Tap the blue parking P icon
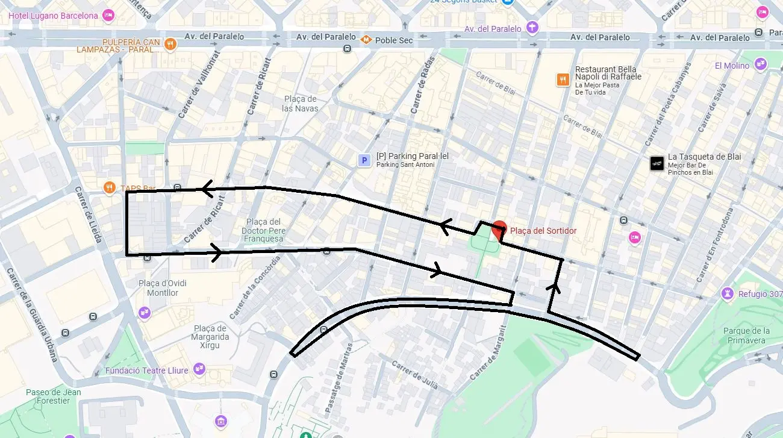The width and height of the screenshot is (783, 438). [x=364, y=160]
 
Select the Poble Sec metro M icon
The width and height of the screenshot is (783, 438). [x=366, y=40]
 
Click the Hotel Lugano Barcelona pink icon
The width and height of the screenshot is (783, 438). [x=108, y=15]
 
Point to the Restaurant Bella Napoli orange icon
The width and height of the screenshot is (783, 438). [x=563, y=80]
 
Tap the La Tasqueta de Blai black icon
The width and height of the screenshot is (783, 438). [x=657, y=163]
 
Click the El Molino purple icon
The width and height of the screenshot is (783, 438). [x=760, y=64]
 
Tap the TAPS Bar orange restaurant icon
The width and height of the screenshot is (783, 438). [x=109, y=187]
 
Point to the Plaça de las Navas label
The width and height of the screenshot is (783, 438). [x=299, y=104]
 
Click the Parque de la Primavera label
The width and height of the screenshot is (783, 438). [x=746, y=336]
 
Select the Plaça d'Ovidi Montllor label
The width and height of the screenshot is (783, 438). [x=163, y=288]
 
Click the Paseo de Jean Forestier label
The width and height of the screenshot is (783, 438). [x=54, y=396]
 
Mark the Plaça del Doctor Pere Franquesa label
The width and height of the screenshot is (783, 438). [x=263, y=230]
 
